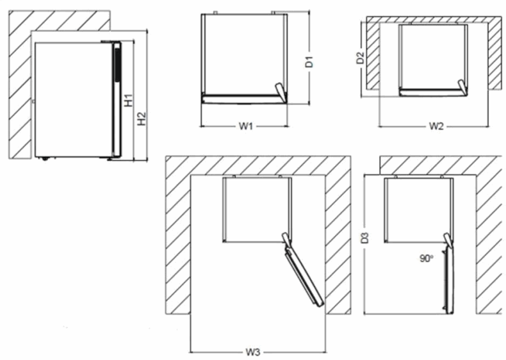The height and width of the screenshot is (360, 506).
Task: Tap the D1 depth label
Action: [x=308, y=62]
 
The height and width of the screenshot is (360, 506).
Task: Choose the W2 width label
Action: [x=436, y=126]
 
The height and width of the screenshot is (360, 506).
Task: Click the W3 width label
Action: [x=254, y=352]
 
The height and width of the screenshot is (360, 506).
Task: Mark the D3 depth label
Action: [x=364, y=238]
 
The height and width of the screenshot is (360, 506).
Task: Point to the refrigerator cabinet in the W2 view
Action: [x=433, y=56]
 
